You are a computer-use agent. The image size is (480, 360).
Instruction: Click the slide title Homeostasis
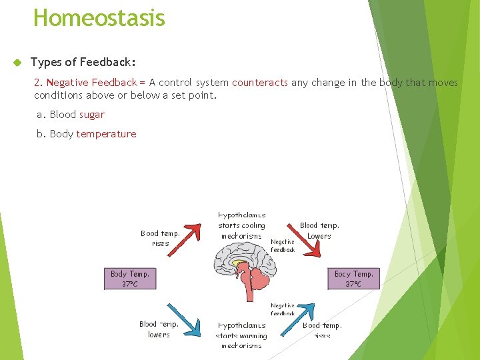click(99, 17)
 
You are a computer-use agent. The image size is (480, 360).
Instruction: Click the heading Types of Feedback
click(83, 62)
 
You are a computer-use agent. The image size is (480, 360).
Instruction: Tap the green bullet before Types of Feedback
click(17, 63)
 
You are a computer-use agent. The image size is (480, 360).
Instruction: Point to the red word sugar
click(91, 115)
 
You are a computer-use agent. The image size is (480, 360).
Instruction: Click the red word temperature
click(106, 134)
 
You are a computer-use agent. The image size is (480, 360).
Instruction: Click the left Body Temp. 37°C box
click(130, 279)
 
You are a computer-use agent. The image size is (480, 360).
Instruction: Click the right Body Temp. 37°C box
click(353, 279)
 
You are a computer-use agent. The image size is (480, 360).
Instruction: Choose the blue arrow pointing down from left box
click(181, 317)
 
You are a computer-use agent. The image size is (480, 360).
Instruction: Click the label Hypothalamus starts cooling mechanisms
click(241, 226)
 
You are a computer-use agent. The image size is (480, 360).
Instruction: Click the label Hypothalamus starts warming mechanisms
click(241, 335)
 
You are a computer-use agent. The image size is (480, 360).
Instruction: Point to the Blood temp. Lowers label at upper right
click(319, 231)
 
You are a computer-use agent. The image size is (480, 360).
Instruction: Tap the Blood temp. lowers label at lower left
click(159, 329)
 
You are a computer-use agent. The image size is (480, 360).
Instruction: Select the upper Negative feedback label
click(283, 246)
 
